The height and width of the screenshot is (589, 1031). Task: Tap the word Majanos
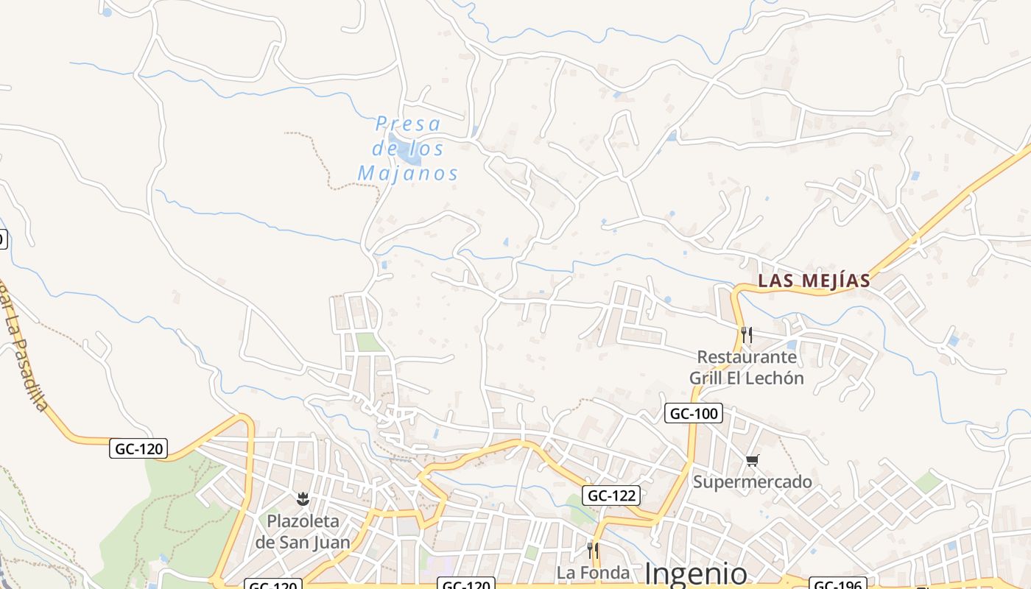[408, 174]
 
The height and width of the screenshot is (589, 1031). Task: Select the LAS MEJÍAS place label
[814, 281]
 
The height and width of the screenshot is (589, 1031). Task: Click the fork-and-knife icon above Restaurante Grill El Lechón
[747, 335]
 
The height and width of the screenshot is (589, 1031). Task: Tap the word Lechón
[773, 378]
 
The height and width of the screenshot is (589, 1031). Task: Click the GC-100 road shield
[693, 414]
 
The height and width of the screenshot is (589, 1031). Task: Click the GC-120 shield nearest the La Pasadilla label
[139, 448]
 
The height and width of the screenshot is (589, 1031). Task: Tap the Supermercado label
[752, 482]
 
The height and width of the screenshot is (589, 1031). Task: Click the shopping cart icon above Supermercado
[752, 461]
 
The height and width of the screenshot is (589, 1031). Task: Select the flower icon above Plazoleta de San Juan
[303, 500]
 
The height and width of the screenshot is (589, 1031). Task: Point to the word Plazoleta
[303, 521]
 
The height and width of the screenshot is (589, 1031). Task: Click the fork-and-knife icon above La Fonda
[592, 549]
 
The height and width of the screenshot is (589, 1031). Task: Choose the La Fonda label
[593, 573]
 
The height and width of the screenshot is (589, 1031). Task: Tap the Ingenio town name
[695, 574]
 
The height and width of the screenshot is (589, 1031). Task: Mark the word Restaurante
[747, 357]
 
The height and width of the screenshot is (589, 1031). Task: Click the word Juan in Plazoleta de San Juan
[330, 543]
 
